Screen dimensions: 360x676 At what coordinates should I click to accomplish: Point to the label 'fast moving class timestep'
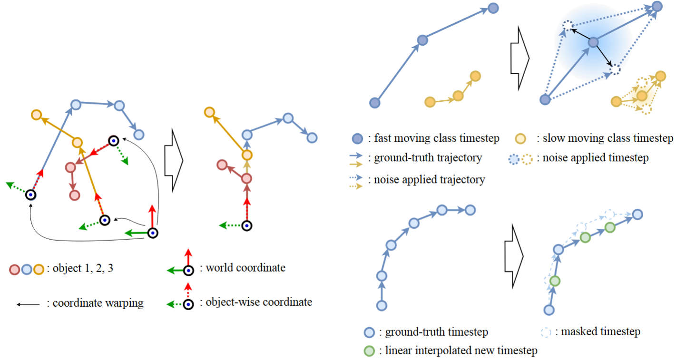coord(437,138)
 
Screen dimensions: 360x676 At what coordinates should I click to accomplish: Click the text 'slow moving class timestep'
coord(605,138)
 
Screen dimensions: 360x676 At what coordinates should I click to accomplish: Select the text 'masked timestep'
coord(599,331)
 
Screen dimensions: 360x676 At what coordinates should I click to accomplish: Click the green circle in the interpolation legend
coord(369,351)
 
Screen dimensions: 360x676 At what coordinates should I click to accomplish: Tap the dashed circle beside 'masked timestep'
coord(546,332)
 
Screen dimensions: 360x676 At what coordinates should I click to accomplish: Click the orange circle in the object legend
coord(39,270)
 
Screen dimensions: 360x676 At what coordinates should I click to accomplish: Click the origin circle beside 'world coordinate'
coord(188,271)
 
